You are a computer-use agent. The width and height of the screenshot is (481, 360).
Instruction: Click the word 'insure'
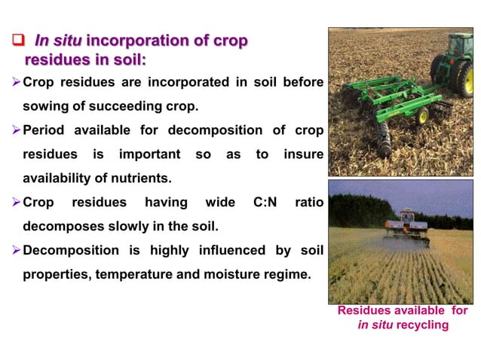coord(303,154)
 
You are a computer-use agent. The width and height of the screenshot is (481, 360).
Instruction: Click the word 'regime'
coord(286,274)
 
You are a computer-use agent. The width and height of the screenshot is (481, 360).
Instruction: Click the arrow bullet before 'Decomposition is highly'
coord(17,250)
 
